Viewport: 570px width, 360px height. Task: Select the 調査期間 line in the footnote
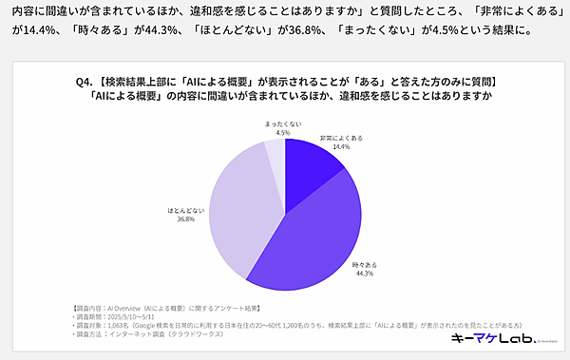pos(114,316)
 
